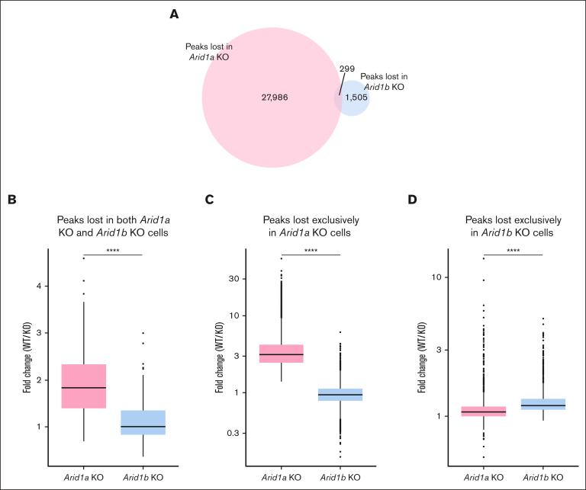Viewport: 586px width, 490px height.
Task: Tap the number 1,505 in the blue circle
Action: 356,98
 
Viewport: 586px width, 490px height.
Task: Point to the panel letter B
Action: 11,200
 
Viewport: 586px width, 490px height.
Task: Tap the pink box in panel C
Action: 282,353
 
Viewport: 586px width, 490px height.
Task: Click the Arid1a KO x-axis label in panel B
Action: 83,476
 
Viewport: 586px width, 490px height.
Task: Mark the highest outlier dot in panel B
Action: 83,259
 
